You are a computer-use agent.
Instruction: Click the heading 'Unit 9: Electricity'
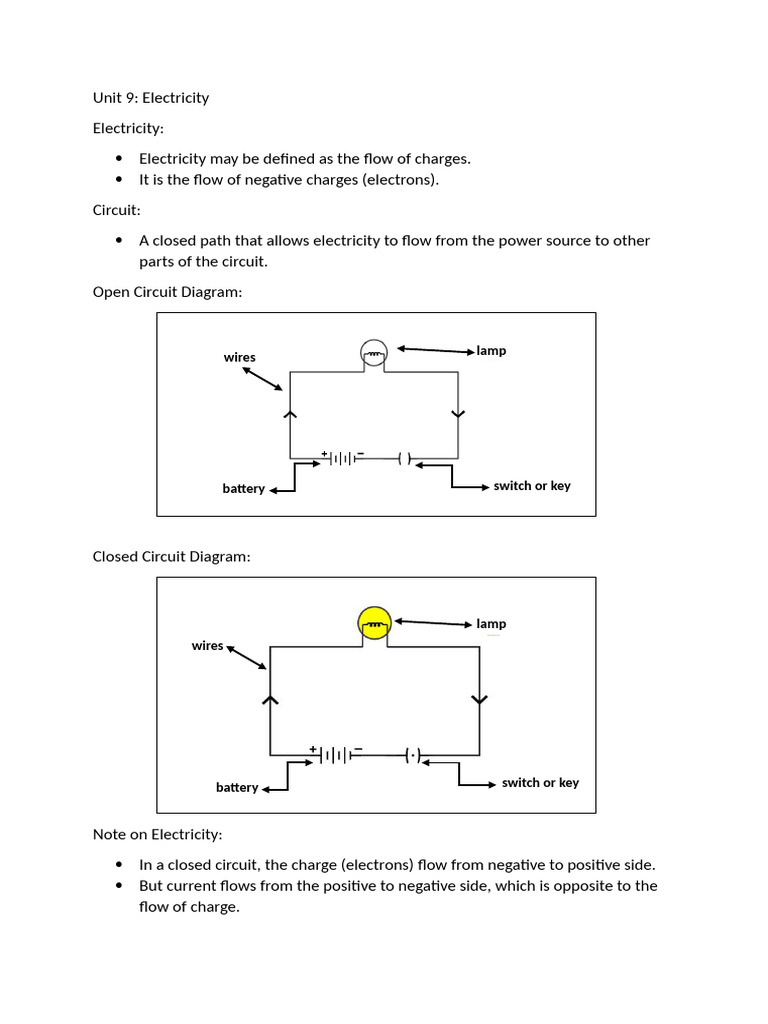coord(151,98)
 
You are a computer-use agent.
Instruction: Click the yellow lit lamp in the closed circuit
coord(374,625)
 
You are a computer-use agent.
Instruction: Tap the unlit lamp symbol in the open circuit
coord(373,352)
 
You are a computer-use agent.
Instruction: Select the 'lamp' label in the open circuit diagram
coord(491,351)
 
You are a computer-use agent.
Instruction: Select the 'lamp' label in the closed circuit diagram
coord(491,624)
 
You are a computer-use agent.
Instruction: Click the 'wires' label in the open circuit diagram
coord(240,357)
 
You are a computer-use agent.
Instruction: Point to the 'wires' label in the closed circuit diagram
coord(208,646)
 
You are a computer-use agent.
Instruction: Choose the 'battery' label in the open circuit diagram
coord(243,489)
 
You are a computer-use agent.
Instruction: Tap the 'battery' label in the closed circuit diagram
coord(237,788)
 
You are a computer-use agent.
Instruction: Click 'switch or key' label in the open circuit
coord(532,486)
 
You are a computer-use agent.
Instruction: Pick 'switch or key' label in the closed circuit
coord(540,783)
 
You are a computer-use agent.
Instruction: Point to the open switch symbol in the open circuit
coord(404,458)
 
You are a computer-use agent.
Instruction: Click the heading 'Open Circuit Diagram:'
coord(167,292)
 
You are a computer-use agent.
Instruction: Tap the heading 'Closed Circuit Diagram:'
coord(171,556)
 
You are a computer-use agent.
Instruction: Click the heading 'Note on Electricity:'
coord(157,834)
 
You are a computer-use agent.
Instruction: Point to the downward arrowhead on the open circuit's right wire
coord(458,414)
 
